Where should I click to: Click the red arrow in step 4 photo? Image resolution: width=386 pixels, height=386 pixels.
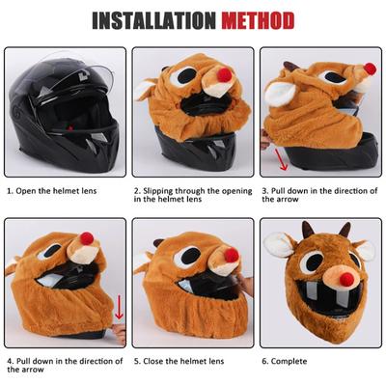click(119, 308)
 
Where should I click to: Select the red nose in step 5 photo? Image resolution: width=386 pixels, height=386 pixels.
click(232, 255)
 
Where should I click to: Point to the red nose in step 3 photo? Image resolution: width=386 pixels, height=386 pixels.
click(370, 69)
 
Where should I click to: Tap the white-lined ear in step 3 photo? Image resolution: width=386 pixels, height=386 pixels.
click(282, 94)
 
